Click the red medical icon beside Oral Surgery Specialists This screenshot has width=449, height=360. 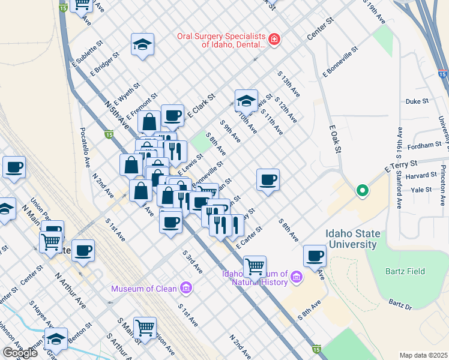coord(275,40)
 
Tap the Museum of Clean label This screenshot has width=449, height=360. coord(144,289)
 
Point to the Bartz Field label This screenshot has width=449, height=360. coord(405,271)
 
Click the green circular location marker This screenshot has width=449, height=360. coord(362,191)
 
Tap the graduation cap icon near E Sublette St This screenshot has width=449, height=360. coord(142,45)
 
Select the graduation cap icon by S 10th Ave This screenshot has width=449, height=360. coord(246,101)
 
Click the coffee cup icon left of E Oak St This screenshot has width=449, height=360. coord(268,179)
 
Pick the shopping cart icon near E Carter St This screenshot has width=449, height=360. coord(255,265)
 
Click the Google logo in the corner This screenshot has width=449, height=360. coord(20,353)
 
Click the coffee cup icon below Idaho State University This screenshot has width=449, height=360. coord(315,256)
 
